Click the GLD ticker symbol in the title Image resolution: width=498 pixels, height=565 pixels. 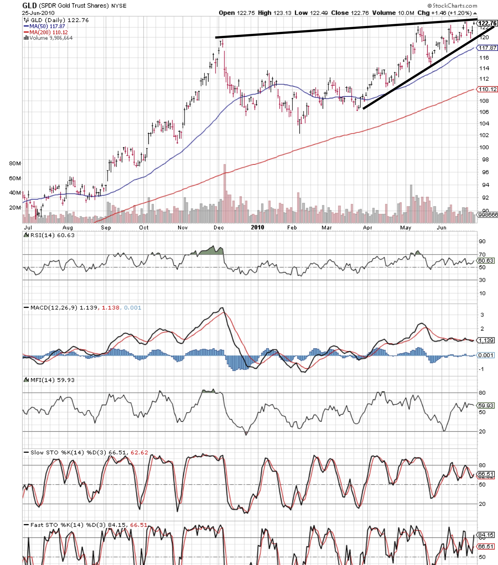(x=29, y=5)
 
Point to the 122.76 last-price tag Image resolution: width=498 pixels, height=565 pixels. (x=487, y=23)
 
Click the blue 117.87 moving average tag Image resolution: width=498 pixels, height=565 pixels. (x=487, y=48)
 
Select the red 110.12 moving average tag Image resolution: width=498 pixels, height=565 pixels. (x=487, y=89)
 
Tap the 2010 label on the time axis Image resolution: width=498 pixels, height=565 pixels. (x=257, y=227)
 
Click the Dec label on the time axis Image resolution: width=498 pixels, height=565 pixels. (x=219, y=227)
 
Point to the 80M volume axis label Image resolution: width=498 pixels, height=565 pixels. (x=15, y=163)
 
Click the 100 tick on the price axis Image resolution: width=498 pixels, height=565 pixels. (x=484, y=147)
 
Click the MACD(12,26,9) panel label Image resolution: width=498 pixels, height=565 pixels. (x=54, y=308)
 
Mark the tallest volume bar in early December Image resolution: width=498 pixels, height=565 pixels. (x=225, y=193)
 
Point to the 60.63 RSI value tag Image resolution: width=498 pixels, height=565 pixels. (x=486, y=261)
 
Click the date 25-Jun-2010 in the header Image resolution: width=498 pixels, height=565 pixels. (x=38, y=13)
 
